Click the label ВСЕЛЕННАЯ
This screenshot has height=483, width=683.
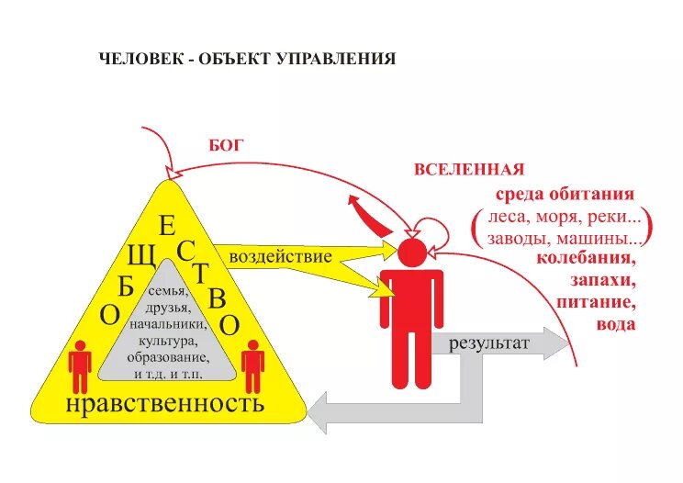tap(468, 169)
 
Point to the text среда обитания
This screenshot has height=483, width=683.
tap(565, 195)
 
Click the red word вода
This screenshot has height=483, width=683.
tap(614, 323)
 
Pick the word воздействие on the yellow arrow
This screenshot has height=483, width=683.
tap(279, 256)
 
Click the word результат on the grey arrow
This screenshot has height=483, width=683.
tap(489, 344)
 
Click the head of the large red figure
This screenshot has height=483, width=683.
tap(411, 251)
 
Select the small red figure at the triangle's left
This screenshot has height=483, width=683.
tap(81, 365)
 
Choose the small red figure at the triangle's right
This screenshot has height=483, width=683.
tap(252, 365)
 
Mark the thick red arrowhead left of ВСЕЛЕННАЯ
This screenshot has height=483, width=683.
tap(354, 203)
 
